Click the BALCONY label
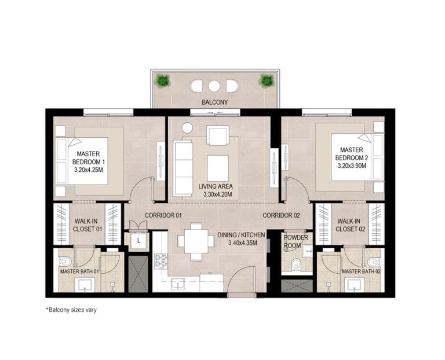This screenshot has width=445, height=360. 214,102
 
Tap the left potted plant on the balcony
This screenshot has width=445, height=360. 162,80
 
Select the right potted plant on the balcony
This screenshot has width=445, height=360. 267,80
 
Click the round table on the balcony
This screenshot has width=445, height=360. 214,86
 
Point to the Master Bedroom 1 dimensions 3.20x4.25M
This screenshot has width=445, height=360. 88,170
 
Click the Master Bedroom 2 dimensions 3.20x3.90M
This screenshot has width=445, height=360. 352,166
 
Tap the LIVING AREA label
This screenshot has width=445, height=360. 216,186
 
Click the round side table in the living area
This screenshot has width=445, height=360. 187,128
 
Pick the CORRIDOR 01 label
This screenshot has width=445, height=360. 163,215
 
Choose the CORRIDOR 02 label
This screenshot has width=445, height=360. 281,215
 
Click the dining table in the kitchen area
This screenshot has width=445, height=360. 196,241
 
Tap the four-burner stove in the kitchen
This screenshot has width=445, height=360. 161,261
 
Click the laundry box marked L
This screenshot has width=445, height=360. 138,241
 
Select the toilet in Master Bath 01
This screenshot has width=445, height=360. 65,262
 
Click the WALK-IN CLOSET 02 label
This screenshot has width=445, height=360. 351,225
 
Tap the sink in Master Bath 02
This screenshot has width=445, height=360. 354,285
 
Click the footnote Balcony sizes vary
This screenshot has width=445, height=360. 71,310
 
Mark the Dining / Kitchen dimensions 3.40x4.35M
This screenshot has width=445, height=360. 243,243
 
